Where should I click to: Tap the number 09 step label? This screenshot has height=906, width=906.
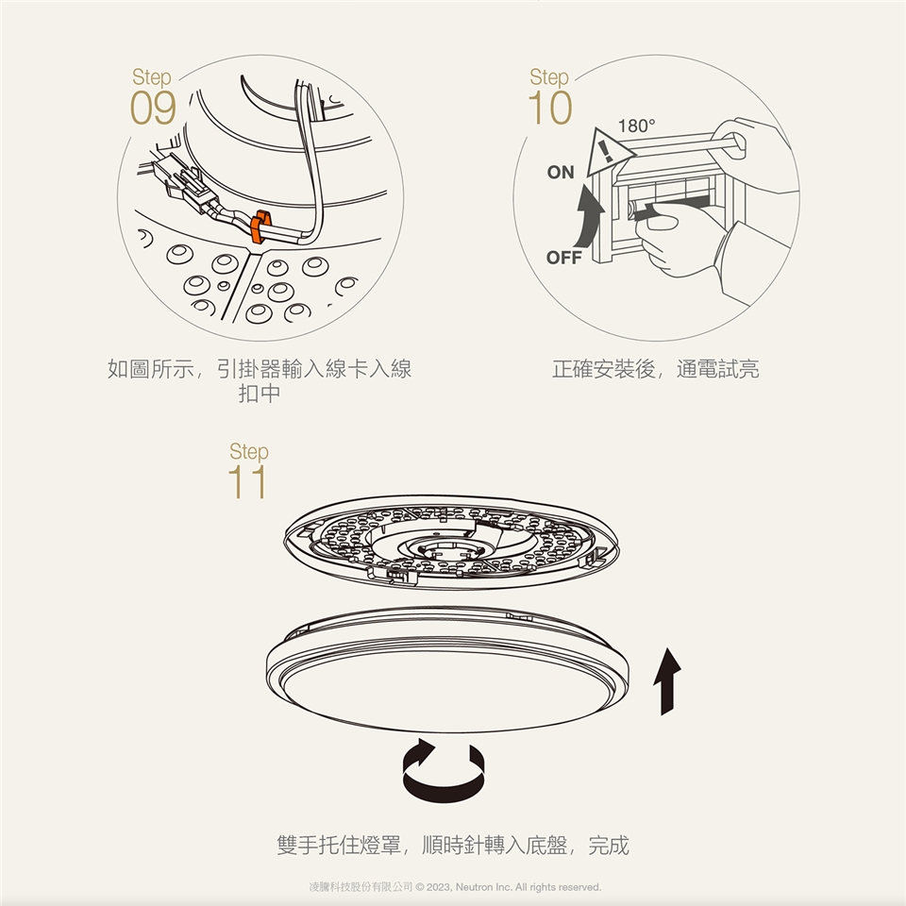153,108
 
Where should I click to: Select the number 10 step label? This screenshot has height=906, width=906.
549,108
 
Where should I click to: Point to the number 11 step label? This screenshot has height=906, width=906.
247,482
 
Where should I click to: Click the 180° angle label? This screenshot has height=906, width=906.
637,126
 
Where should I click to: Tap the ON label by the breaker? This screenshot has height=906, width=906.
561,172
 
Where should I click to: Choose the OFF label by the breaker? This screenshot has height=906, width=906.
564,257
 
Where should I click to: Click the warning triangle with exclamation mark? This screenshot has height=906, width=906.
609,153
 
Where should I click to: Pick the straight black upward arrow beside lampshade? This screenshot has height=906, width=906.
667,681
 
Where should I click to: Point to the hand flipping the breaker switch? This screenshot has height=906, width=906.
681,243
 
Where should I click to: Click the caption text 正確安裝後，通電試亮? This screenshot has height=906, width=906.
655,369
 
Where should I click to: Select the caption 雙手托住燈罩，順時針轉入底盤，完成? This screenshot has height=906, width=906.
452,846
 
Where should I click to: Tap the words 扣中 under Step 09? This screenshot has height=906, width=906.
260,394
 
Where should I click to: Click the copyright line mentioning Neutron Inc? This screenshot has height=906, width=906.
455,887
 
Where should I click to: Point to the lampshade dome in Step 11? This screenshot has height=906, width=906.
447,670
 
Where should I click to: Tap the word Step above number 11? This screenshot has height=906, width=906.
249,451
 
